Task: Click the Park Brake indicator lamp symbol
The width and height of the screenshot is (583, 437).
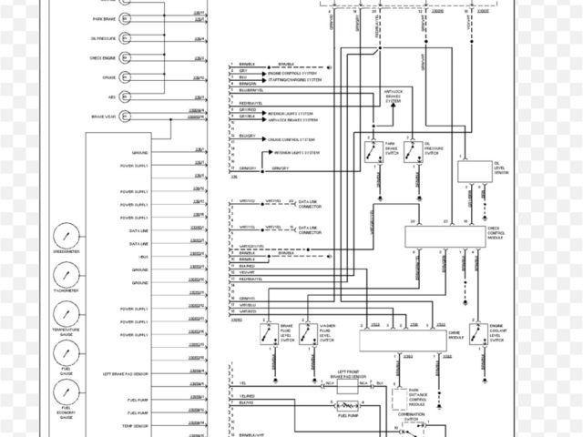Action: pyautogui.click(x=123, y=18)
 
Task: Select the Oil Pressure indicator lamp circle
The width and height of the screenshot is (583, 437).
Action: pyautogui.click(x=123, y=38)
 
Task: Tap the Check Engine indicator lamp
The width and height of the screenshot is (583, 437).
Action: pyautogui.click(x=123, y=58)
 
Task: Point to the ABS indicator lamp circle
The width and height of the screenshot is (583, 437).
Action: pyautogui.click(x=123, y=97)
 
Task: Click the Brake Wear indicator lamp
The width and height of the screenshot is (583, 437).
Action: pyautogui.click(x=123, y=117)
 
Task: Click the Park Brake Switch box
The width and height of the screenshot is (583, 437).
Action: pyautogui.click(x=374, y=153)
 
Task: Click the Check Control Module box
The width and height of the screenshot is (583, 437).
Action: pyautogui.click(x=445, y=237)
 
